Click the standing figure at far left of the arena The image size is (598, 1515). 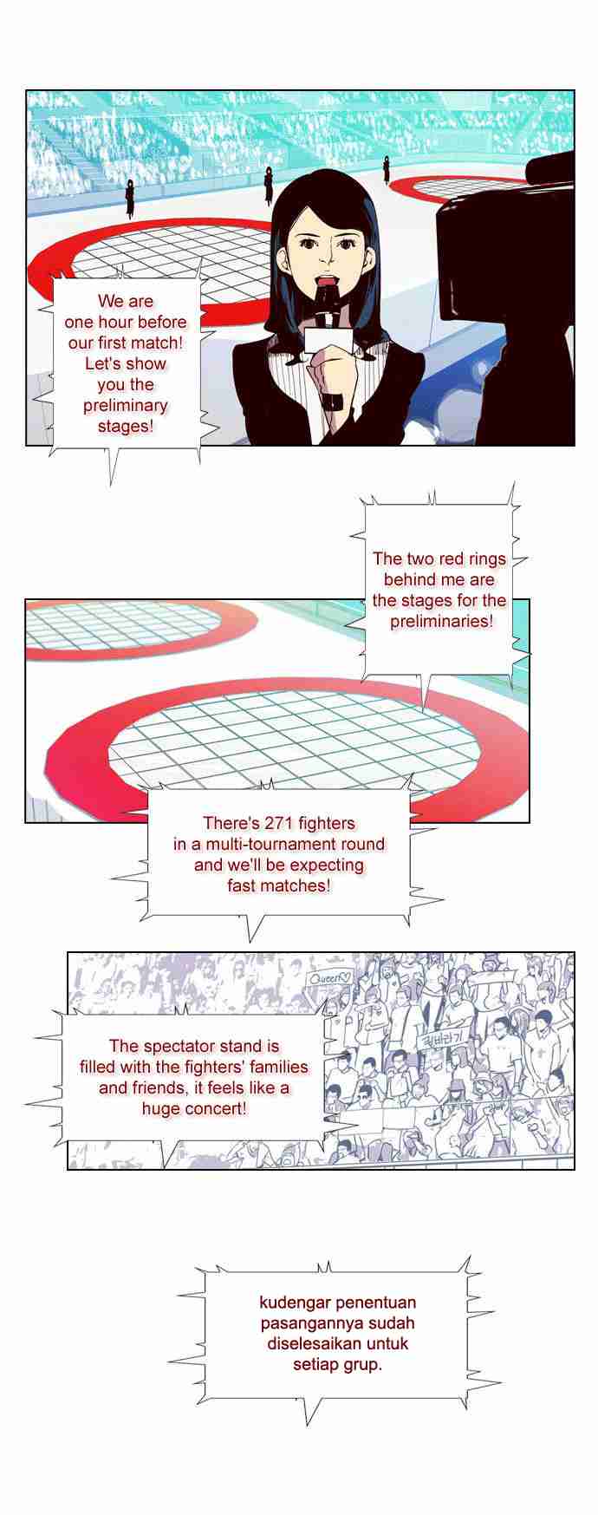click(130, 198)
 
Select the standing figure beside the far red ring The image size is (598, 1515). click(387, 170)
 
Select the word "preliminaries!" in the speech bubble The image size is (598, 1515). click(441, 621)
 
